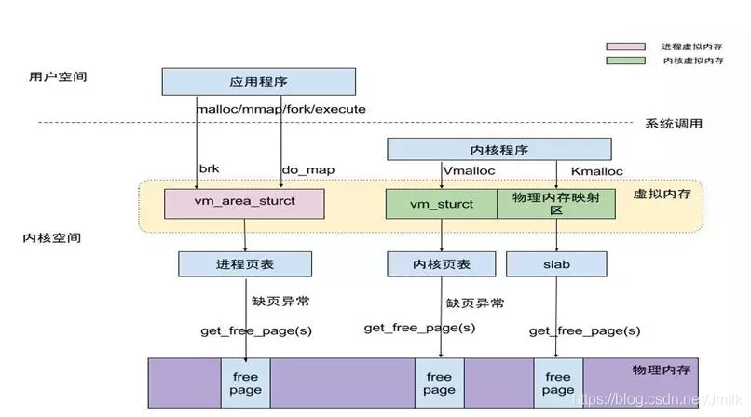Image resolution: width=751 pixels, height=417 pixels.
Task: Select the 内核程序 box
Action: click(498, 149)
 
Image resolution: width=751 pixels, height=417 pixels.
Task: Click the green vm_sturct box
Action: click(441, 204)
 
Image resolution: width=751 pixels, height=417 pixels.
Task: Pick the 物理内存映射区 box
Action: click(556, 204)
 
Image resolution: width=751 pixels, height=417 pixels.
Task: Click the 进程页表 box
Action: click(244, 264)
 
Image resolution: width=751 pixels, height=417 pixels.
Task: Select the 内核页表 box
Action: click(442, 264)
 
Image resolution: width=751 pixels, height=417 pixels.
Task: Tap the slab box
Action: click(556, 264)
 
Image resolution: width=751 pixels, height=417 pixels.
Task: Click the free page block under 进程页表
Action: click(246, 383)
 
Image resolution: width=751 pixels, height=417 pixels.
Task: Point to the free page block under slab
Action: click(557, 383)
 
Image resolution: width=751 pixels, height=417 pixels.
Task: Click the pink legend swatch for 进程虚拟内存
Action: click(624, 46)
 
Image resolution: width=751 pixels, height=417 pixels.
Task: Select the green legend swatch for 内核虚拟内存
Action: click(624, 61)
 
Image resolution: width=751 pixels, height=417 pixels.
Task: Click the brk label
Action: click(208, 169)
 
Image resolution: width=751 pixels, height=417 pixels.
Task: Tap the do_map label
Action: click(307, 169)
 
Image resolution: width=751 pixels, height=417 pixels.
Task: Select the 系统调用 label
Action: click(673, 123)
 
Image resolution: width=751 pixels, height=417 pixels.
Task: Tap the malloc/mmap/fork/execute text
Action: click(280, 109)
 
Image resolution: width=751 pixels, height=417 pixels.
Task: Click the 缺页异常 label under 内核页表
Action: click(475, 303)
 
